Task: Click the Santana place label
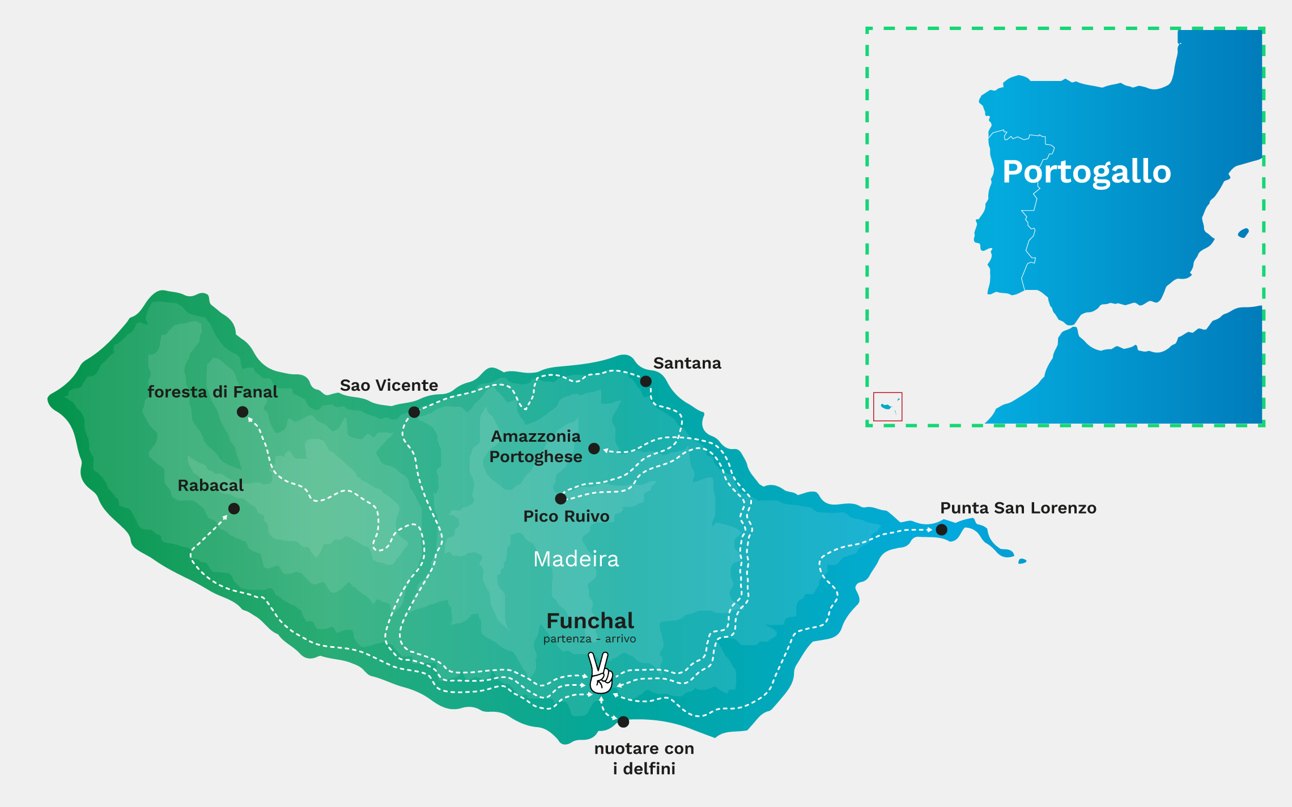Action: point(687,363)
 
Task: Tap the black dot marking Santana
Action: point(645,381)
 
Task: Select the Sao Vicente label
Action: point(389,385)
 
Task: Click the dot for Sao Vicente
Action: point(414,412)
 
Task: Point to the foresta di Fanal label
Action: point(212,392)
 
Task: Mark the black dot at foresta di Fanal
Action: point(243,412)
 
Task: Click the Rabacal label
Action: point(210,485)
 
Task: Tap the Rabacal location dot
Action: point(233,509)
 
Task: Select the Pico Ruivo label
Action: point(566,516)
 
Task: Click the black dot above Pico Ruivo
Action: point(560,498)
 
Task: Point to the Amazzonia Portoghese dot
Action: point(594,449)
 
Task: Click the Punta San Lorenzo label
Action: point(1018,508)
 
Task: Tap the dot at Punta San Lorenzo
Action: point(941,530)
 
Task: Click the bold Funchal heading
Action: point(590,621)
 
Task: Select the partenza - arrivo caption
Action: point(589,639)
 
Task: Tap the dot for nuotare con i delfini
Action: point(623,721)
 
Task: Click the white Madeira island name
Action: point(576,559)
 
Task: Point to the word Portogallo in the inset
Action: point(1086,172)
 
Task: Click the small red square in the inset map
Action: point(887,407)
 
